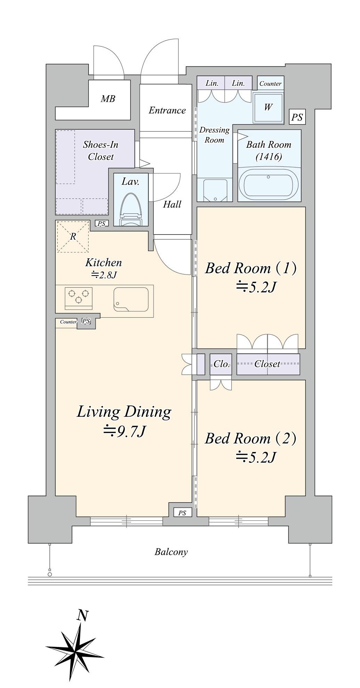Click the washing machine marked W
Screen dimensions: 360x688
pyautogui.click(x=268, y=107)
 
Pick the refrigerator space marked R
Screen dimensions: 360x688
pyautogui.click(x=73, y=237)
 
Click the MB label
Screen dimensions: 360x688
pyautogui.click(x=108, y=99)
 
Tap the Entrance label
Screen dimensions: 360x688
pyautogui.click(x=167, y=110)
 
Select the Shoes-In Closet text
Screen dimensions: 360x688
pyautogui.click(x=101, y=150)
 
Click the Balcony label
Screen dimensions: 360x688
pyautogui.click(x=171, y=552)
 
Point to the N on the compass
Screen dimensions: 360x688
pyautogui.click(x=82, y=615)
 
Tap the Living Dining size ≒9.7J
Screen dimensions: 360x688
pyautogui.click(x=124, y=432)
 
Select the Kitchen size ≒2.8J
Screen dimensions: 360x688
pyautogui.click(x=104, y=275)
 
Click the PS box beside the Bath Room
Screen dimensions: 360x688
pyautogui.click(x=297, y=117)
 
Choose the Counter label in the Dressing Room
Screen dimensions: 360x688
pyautogui.click(x=270, y=83)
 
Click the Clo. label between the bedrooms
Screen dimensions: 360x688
pyautogui.click(x=221, y=364)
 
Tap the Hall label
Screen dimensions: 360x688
pyautogui.click(x=172, y=204)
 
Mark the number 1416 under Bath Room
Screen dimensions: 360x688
pyautogui.click(x=269, y=157)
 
